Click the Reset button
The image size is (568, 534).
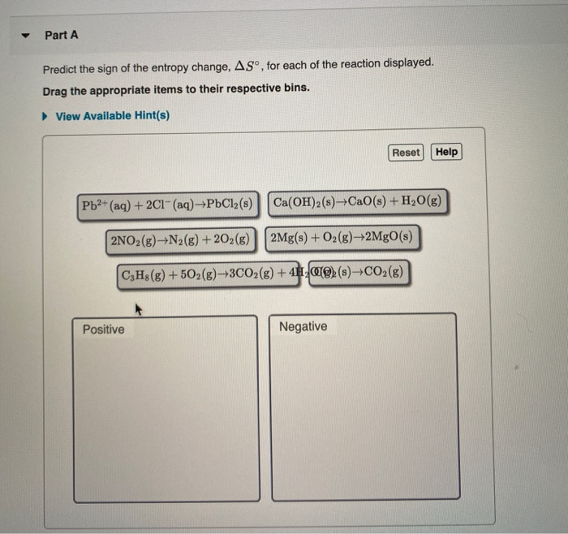click(x=406, y=152)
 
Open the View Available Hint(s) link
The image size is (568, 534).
click(x=112, y=116)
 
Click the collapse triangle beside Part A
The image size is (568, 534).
click(x=24, y=36)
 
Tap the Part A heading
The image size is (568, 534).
click(x=62, y=36)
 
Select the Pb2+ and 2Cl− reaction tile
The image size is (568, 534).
click(x=166, y=204)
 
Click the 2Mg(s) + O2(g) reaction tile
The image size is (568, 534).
click(x=342, y=238)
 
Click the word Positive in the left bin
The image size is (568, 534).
click(x=104, y=329)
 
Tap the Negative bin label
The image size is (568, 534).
click(x=303, y=327)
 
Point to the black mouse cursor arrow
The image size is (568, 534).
click(x=138, y=308)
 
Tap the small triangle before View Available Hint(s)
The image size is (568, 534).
click(x=46, y=116)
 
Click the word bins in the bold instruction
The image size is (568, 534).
click(x=294, y=87)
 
